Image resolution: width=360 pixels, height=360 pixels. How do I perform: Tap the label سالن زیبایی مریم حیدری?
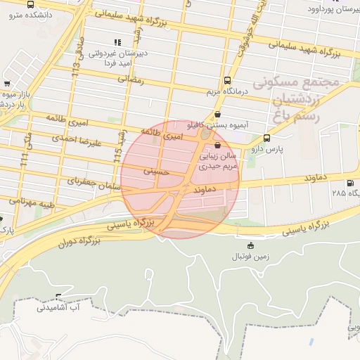coord(215,162)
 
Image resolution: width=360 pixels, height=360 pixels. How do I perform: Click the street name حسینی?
coord(157,170)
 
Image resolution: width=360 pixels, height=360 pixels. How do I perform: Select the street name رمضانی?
coord(131,80)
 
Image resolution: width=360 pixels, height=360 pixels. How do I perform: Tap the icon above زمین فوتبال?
coord(251,245)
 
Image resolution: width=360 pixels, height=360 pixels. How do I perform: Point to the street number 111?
coord(25,162)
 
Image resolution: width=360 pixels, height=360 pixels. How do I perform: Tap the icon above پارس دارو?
coord(266,139)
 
